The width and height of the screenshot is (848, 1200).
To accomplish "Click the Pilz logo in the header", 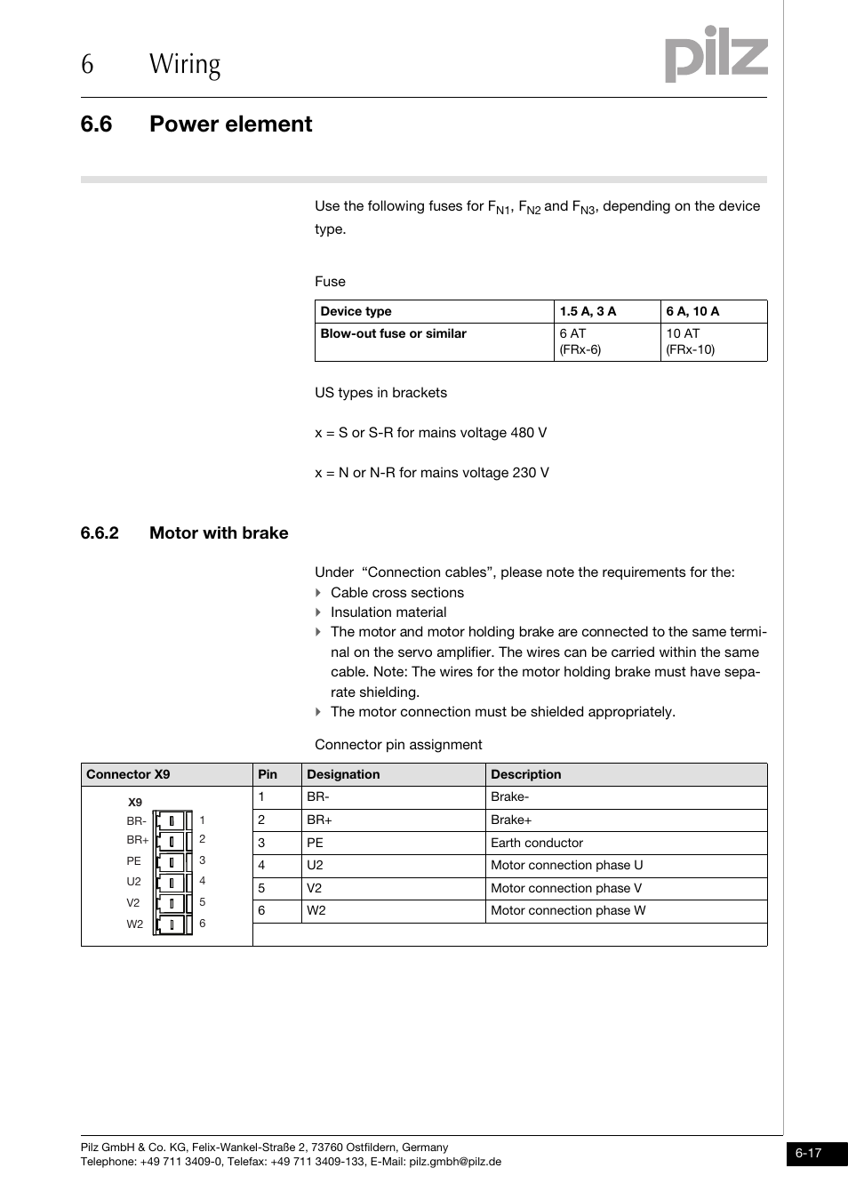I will [716, 54].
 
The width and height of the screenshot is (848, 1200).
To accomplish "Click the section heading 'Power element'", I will [230, 124].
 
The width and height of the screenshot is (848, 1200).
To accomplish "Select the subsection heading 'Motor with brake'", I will [219, 533].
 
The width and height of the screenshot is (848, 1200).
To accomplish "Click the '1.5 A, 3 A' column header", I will [588, 312].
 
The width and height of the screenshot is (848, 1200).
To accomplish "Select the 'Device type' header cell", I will [356, 312].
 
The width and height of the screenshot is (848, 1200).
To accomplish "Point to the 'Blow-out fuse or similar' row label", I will [393, 334].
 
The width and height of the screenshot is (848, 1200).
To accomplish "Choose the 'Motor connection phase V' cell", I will [565, 888].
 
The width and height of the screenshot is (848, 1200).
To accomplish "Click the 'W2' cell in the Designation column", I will [316, 911].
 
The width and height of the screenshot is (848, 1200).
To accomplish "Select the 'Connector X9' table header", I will [128, 774].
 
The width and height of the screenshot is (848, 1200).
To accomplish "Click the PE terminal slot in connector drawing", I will [172, 862].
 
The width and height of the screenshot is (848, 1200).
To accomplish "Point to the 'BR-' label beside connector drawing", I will [136, 821].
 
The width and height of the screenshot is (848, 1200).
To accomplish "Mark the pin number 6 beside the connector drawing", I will [202, 924].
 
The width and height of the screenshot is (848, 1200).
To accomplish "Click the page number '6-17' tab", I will [808, 1154].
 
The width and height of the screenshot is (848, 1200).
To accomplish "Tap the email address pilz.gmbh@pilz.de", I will [455, 1162].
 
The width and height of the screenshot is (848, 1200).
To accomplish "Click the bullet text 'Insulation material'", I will [388, 612].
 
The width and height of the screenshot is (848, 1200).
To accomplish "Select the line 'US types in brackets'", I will [380, 393].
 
